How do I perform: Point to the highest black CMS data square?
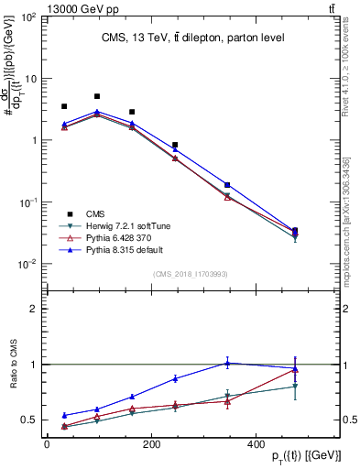pyautogui.click(x=97, y=96)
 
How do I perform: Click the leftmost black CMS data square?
pyautogui.click(x=64, y=107)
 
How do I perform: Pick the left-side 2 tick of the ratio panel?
pyautogui.click(x=37, y=309)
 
